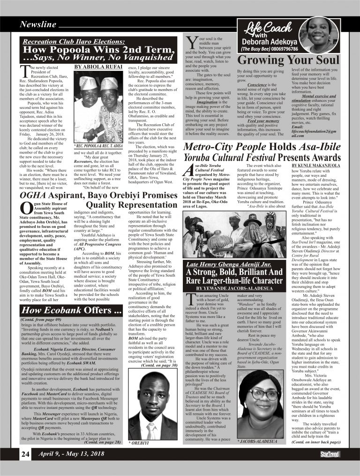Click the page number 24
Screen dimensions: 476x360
(25, 454)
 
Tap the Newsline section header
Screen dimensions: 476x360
(38, 24)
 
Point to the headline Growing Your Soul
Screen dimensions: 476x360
(282, 60)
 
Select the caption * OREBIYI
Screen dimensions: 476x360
(140, 442)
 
